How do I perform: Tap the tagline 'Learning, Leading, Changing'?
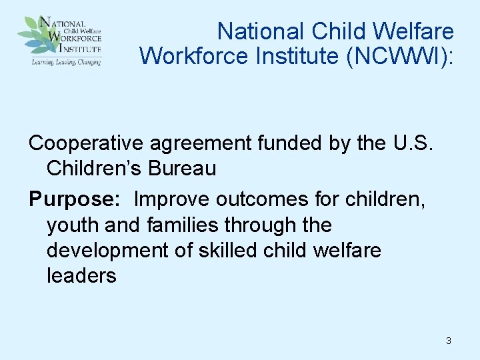point(65,61)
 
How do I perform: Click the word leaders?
point(81,275)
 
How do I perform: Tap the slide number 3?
point(448,341)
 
